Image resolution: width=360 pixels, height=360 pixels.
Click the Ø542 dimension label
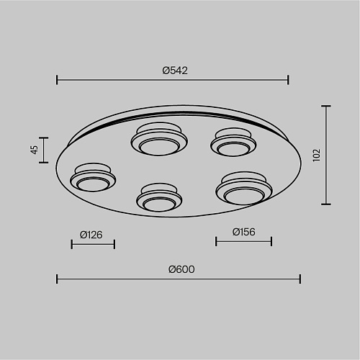pos(175,71)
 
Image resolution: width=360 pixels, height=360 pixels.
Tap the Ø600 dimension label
pos(181,269)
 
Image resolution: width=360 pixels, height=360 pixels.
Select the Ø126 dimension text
pos(91,235)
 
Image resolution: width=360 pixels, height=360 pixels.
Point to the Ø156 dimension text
pos(243,232)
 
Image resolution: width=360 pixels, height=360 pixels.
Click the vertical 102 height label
pos(317,155)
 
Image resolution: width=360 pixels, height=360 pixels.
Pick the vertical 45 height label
pos(35,150)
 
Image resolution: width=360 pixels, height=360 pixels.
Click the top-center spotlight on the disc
pos(159,139)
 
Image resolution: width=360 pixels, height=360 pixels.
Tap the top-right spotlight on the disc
pos(233,142)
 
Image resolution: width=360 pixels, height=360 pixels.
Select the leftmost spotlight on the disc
pos(93,177)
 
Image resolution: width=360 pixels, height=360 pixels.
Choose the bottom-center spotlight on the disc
pos(159,197)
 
